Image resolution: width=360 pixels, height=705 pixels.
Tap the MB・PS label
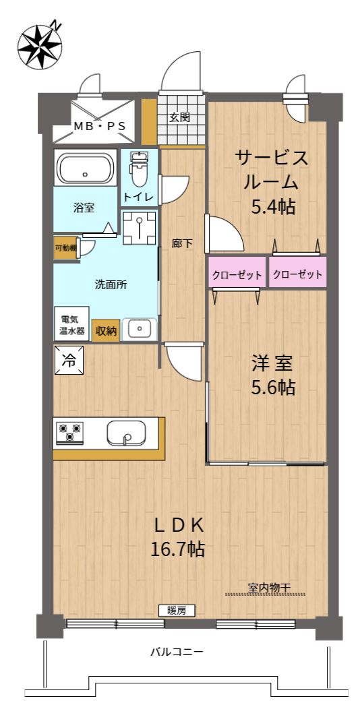(x=100, y=126)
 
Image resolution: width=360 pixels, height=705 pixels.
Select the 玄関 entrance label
(x=179, y=117)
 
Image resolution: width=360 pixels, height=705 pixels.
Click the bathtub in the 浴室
(x=85, y=168)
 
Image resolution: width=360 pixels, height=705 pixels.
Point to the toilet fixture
(x=138, y=168)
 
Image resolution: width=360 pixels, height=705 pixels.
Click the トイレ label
(x=139, y=197)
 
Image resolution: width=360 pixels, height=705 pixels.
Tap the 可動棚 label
(x=65, y=247)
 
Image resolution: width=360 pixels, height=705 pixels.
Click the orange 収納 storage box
(x=107, y=330)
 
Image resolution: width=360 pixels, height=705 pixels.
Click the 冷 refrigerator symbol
(x=69, y=360)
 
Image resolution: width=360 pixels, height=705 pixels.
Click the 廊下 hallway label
(x=182, y=244)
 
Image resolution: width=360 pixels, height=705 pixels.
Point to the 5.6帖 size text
(x=273, y=387)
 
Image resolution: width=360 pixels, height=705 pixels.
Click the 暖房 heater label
(x=177, y=610)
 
